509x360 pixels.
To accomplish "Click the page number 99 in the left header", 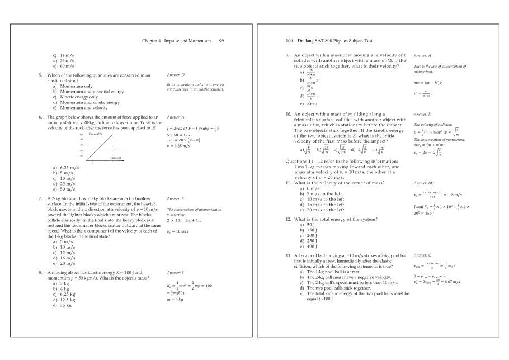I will [221, 41].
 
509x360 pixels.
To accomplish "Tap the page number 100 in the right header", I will [289, 41].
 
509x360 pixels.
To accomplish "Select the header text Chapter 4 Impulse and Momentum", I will [176, 41].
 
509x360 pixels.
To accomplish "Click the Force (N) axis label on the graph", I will [96, 134].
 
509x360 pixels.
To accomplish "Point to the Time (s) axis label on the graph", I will [116, 159].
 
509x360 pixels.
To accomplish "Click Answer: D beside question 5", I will [176, 74].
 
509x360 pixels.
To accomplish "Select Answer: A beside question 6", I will [176, 117].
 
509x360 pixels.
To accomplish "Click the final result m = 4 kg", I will [176, 300].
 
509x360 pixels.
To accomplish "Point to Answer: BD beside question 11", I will [424, 183].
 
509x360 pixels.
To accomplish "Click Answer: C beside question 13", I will [422, 255].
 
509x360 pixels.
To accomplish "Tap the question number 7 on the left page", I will [40, 198].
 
